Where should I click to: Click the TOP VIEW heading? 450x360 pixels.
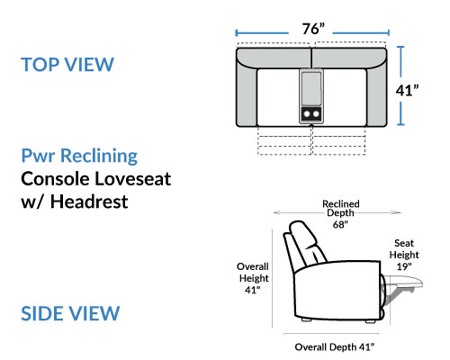coord(67,64)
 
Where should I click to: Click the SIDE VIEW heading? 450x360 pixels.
coord(70,313)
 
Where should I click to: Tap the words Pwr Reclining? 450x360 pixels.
coord(79,156)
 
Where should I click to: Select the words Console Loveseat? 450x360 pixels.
coord(96,179)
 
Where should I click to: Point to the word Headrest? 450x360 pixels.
coord(89,202)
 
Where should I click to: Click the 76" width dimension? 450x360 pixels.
coord(313,29)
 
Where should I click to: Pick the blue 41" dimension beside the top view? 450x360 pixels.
coord(407,90)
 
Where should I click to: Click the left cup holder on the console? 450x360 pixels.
coord(307,114)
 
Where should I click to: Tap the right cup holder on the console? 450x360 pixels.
coord(316,114)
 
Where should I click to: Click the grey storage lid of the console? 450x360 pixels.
coord(311,88)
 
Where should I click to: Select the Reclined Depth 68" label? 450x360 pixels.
coord(341,214)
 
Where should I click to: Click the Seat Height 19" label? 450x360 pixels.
coord(404,255)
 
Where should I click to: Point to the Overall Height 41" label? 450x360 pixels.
coord(253,278)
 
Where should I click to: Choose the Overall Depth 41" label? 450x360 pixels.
coord(335,347)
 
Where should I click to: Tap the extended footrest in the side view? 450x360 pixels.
coord(403,283)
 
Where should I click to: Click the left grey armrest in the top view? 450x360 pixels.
coord(247,96)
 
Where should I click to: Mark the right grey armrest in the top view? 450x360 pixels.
coord(376,96)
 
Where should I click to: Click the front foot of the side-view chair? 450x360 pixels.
coord(370,321)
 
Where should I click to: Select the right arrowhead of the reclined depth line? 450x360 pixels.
coord(398,212)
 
